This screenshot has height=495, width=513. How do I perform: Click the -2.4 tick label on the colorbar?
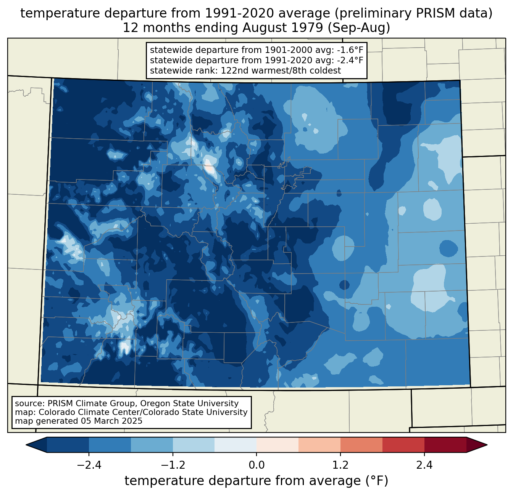[x=89, y=465]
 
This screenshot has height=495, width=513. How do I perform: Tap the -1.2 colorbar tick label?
[x=173, y=465]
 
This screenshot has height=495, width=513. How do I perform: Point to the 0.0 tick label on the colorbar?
[x=256, y=465]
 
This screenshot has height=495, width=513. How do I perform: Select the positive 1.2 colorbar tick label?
[x=340, y=465]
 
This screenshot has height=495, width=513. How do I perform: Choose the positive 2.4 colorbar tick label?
[x=424, y=465]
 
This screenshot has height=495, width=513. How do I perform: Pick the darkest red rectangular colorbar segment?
[x=445, y=445]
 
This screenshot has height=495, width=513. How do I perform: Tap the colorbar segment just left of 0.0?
[x=236, y=445]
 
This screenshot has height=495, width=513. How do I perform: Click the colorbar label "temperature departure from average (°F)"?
[x=256, y=481]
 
